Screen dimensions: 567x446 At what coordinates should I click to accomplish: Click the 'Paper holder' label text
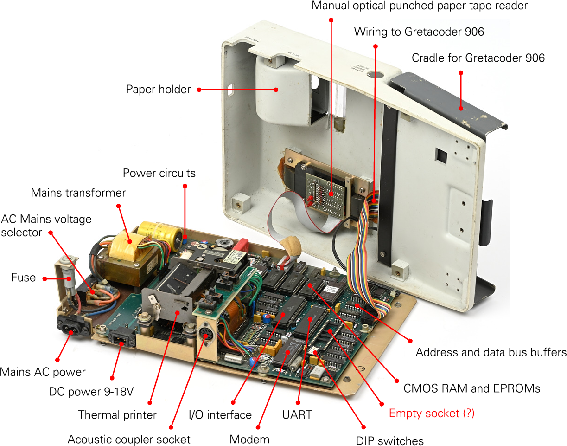coord(159,89)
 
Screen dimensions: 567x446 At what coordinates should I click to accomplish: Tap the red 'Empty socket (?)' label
coord(432,414)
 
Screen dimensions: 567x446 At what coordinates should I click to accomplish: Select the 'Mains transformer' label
coord(78,193)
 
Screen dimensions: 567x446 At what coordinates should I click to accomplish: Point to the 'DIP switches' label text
coord(389,440)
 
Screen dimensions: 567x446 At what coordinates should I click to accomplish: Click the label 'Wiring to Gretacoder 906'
coord(419,32)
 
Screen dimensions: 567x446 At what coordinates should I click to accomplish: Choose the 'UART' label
coord(297,414)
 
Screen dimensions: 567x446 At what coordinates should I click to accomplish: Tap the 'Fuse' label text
coord(23,278)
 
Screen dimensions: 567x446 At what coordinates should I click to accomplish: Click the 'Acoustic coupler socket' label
coord(129,439)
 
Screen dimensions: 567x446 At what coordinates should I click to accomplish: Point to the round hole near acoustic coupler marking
coord(376,75)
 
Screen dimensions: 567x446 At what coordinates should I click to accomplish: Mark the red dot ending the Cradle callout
coord(461,108)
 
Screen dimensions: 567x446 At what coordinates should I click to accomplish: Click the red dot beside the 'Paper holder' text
coord(199,90)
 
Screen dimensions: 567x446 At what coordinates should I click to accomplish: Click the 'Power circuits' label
coord(159,173)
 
